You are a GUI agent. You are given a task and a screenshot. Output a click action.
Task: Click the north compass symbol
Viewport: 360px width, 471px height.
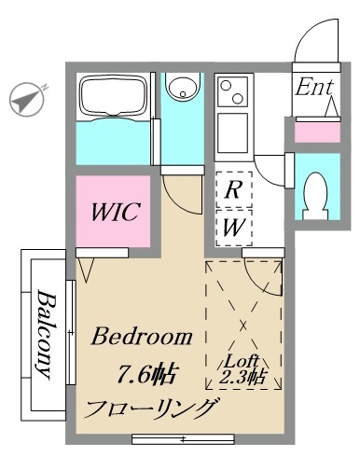pyautogui.click(x=28, y=100)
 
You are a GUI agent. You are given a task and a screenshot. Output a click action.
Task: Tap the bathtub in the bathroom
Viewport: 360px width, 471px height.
pyautogui.click(x=113, y=97)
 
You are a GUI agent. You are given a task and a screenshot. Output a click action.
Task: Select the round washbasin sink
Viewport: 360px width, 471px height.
pyautogui.click(x=182, y=86)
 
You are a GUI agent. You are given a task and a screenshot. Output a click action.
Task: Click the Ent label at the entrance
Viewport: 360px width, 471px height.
pyautogui.click(x=314, y=87)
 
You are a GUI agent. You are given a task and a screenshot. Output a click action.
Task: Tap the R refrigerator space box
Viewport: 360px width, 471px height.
pyautogui.click(x=234, y=189)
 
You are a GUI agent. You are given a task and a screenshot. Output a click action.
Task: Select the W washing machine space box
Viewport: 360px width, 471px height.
pyautogui.click(x=234, y=228)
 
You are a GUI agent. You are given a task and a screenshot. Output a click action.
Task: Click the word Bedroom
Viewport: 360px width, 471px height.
pyautogui.click(x=142, y=337)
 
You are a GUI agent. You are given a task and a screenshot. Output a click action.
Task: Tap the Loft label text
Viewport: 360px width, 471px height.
pyautogui.click(x=242, y=362)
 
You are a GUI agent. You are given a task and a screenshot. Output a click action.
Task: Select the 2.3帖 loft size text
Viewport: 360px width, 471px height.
pyautogui.click(x=242, y=377)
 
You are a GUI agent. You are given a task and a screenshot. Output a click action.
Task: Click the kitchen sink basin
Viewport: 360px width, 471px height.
pyautogui.click(x=233, y=132)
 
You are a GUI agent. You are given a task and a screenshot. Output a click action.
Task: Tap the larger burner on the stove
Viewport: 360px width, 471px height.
pyautogui.click(x=237, y=99)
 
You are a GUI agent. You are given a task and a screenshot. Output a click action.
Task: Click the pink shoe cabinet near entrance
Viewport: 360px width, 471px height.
pyautogui.click(x=317, y=132)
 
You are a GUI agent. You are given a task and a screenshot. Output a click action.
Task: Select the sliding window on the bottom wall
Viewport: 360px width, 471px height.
pyautogui.click(x=183, y=439)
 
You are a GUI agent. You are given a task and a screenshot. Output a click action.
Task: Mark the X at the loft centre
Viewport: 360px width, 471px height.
pyautogui.click(x=243, y=326)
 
